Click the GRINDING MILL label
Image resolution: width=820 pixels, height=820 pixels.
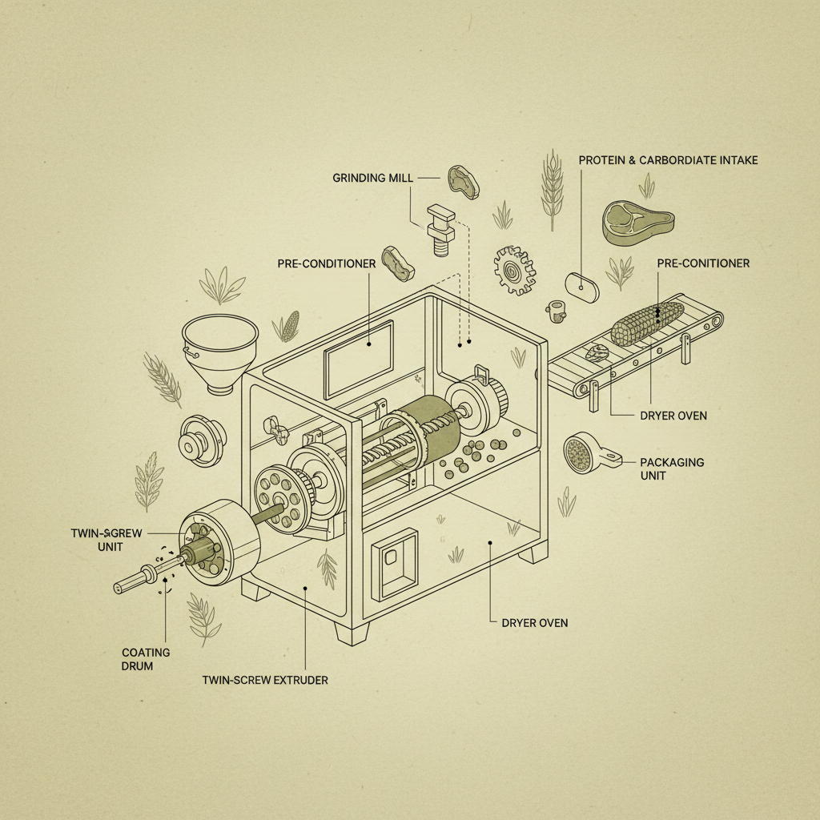[372, 177]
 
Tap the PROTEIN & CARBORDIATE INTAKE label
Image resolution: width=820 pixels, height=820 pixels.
[668, 160]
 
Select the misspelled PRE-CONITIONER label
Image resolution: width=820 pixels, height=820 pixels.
[703, 263]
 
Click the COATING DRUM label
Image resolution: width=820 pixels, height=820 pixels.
[146, 659]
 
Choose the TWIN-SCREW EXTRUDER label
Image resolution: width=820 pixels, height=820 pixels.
[266, 680]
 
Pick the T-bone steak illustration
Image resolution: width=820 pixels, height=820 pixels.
[637, 222]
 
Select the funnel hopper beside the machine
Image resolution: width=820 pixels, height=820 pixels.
[219, 350]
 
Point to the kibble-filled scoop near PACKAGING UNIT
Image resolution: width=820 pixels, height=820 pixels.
[585, 454]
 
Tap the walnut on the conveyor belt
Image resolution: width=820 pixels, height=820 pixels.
[597, 352]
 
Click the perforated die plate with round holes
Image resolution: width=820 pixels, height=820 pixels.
[279, 496]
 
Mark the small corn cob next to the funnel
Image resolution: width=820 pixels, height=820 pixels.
[285, 327]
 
